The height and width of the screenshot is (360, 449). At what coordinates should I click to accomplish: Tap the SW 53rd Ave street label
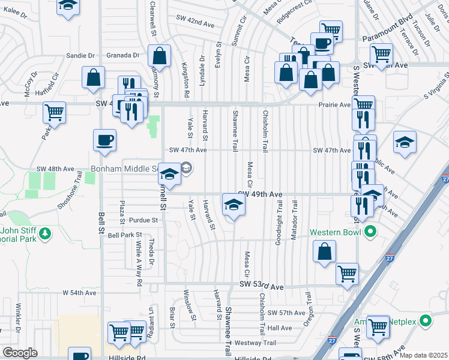[x=261, y=287]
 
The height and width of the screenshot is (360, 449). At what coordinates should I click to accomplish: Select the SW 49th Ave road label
[x=260, y=194]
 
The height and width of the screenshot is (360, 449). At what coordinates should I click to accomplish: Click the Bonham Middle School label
[x=125, y=169]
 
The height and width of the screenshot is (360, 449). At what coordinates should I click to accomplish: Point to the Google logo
[x=20, y=353]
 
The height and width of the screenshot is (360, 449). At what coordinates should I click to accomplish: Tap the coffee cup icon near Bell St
[x=104, y=140]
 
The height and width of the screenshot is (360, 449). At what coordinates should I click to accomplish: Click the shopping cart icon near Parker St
[x=55, y=111]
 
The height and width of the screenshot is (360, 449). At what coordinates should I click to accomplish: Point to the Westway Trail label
[x=255, y=343]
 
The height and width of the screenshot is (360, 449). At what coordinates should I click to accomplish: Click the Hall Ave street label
[x=279, y=328]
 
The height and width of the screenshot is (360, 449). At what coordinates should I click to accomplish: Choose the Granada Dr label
[x=124, y=55]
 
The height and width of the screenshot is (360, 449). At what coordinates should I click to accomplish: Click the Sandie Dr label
[x=80, y=55]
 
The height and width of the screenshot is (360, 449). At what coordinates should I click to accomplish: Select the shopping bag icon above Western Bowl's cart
[x=324, y=252]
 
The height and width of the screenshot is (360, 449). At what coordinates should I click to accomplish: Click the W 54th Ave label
[x=79, y=293]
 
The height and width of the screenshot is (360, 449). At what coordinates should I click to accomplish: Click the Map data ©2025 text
[x=423, y=355]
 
